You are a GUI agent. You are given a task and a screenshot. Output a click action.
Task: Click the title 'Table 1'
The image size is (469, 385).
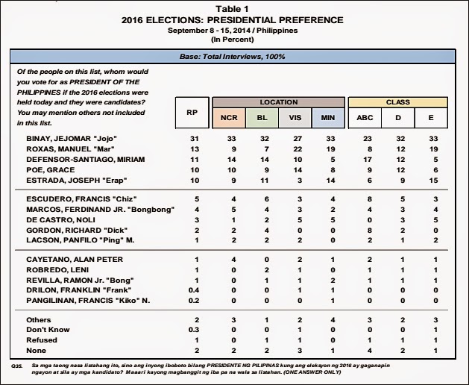pos(235,8)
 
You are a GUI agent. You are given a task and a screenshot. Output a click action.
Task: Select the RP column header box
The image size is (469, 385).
pos(191,113)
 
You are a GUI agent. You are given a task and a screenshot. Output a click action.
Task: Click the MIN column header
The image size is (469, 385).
pos(325,118)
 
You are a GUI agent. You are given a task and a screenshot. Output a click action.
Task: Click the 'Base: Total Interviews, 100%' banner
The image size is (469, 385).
pos(234,57)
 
